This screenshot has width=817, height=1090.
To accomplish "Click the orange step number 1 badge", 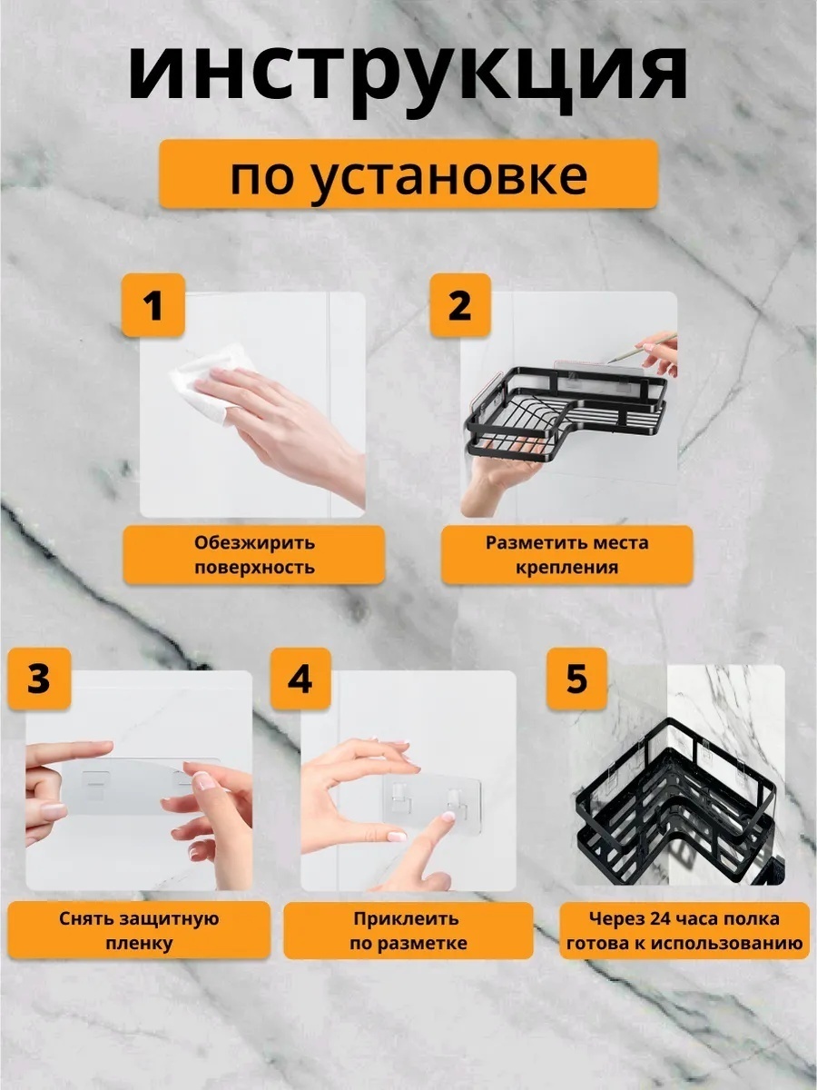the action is pyautogui.click(x=153, y=305).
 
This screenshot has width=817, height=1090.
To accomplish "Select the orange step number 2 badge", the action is pyautogui.click(x=460, y=305).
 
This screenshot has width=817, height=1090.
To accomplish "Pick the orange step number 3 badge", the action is pyautogui.click(x=39, y=679).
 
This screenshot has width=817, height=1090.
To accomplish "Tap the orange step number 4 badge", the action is pyautogui.click(x=300, y=679).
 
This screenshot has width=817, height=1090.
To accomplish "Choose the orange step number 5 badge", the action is pyautogui.click(x=577, y=679).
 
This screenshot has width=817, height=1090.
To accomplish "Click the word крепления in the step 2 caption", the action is pyautogui.click(x=567, y=568).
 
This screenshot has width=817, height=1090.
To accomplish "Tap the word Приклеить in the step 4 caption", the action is pyautogui.click(x=407, y=918).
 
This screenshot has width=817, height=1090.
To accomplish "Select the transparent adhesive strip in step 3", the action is pyautogui.click(x=142, y=786).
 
